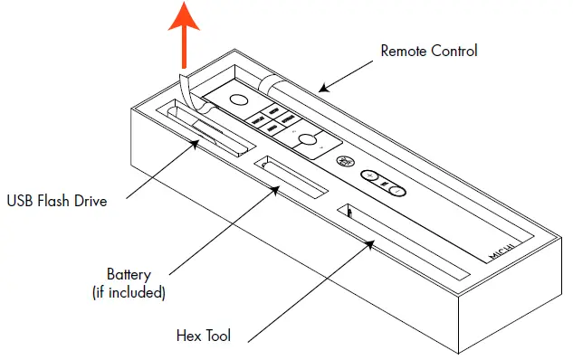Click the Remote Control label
click(428, 51)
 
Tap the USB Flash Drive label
click(57, 201)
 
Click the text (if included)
click(129, 291)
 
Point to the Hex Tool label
click(204, 336)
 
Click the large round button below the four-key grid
click(310, 140)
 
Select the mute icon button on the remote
click(344, 162)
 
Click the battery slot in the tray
click(291, 177)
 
